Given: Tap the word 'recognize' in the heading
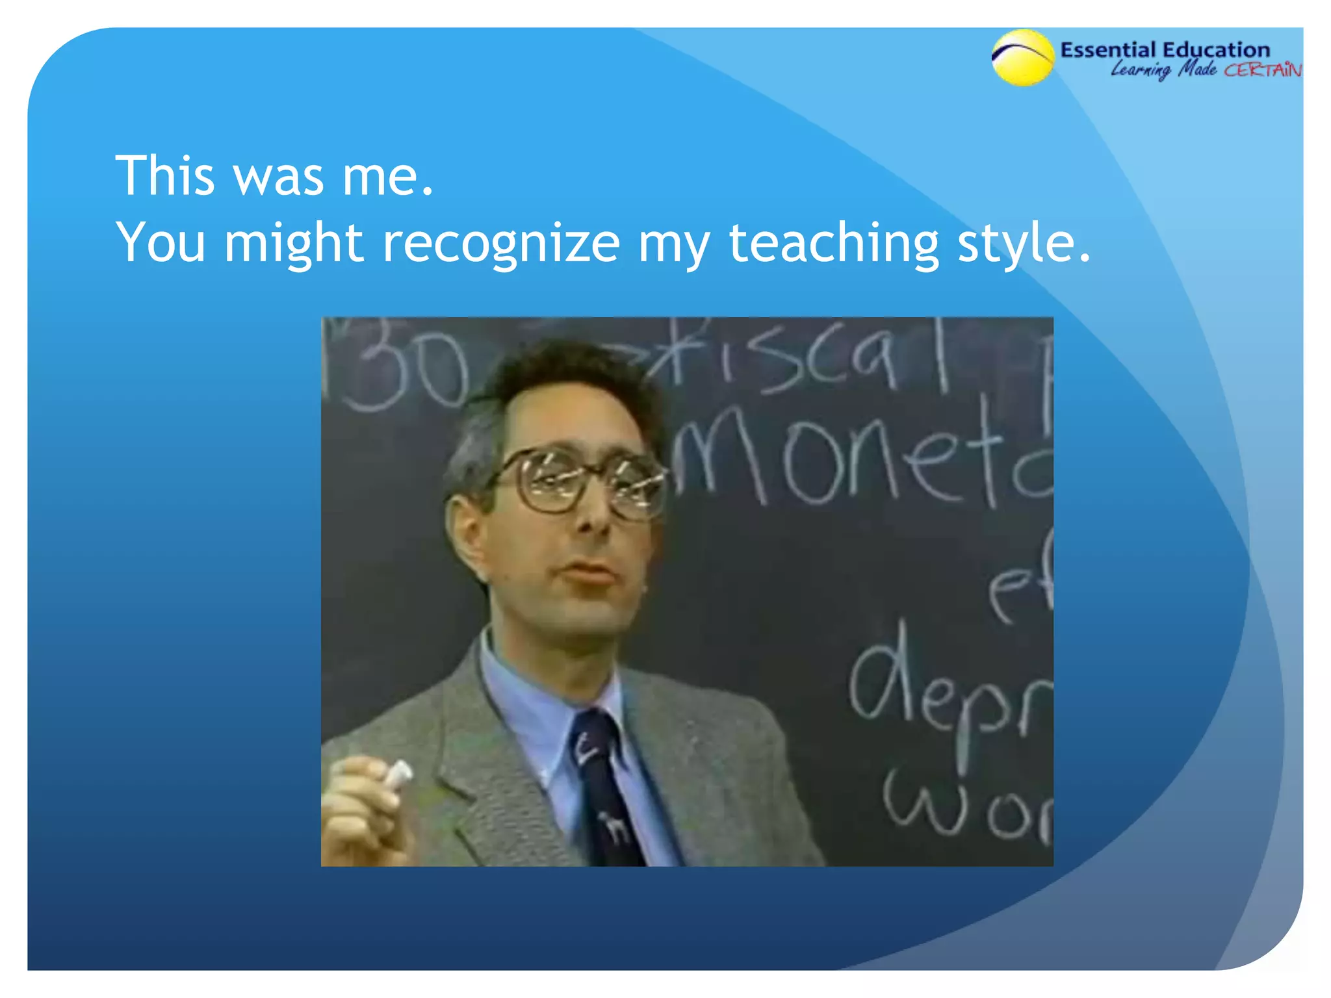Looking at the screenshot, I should pyautogui.click(x=500, y=243).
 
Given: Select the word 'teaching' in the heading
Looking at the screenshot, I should pyautogui.click(x=834, y=244).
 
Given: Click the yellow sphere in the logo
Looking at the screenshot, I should pyautogui.click(x=1022, y=58).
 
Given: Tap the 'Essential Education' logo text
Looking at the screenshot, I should pyautogui.click(x=1165, y=49).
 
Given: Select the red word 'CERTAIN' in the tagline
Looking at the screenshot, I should pyautogui.click(x=1263, y=70).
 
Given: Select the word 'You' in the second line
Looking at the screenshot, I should pyautogui.click(x=161, y=243).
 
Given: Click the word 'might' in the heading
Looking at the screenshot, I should pyautogui.click(x=293, y=244).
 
